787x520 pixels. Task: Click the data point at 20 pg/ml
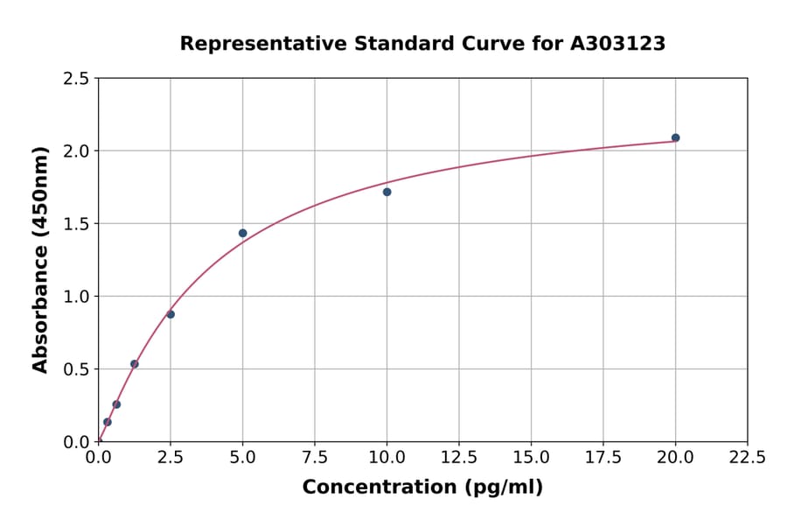tap(675, 137)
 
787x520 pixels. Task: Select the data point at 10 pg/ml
tap(387, 192)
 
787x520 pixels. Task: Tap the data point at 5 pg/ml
tap(242, 233)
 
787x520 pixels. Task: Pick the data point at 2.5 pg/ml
tap(171, 314)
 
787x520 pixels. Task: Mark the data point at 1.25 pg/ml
tap(135, 364)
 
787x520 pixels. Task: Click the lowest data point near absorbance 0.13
tap(108, 422)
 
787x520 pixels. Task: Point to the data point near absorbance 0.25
tap(116, 404)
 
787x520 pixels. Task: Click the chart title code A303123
tap(618, 43)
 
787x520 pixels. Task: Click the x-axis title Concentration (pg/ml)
tap(422, 488)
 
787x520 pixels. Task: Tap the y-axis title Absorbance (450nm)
tap(40, 259)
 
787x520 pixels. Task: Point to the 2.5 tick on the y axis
tap(76, 79)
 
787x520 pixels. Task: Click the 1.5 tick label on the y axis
tap(76, 224)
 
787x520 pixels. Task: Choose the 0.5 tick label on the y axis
tap(76, 369)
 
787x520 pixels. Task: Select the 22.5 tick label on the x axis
tap(747, 458)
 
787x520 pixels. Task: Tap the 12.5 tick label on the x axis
tap(458, 458)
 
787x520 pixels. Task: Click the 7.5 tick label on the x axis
tap(315, 458)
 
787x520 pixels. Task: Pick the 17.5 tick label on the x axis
tap(602, 458)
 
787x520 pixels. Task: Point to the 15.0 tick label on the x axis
tap(531, 458)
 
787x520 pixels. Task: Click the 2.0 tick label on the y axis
tap(76, 151)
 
